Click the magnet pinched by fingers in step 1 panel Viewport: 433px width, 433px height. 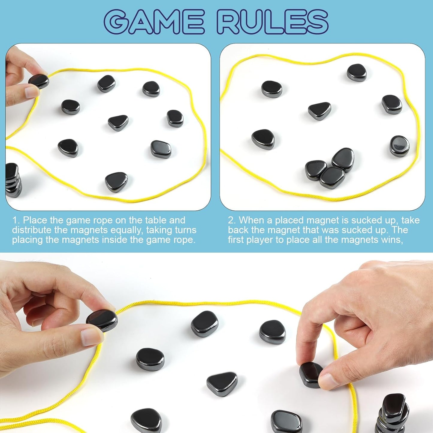point(39,81)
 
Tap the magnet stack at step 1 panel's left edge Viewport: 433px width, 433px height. point(13,180)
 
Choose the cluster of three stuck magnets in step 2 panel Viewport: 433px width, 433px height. point(329,168)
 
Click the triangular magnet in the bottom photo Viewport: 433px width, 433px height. point(222,384)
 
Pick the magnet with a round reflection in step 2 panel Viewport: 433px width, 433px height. point(399,146)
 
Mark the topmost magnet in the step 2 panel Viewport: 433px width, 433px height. point(357,73)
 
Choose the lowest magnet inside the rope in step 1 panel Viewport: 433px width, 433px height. point(116,182)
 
